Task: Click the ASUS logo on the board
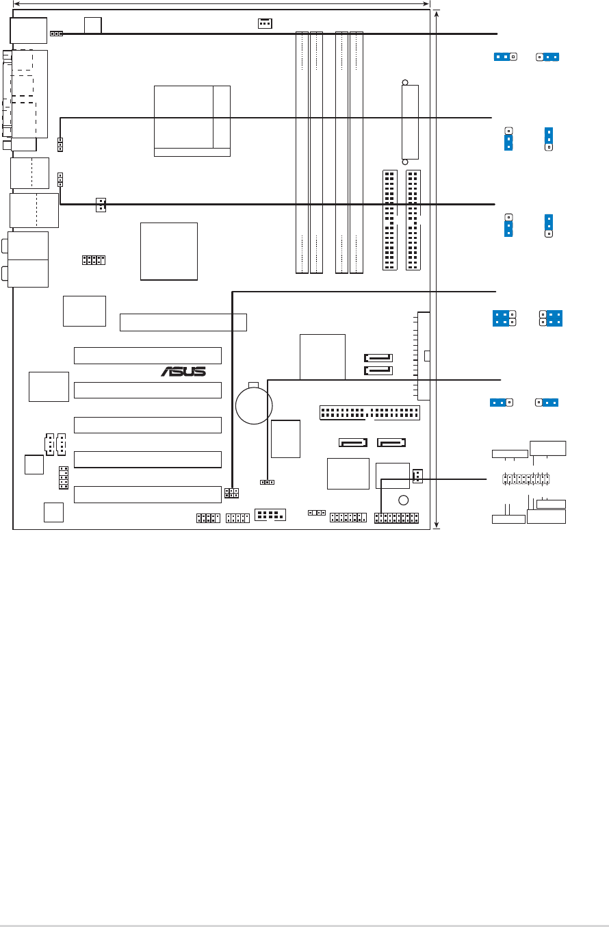(x=183, y=371)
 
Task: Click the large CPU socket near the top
(x=192, y=121)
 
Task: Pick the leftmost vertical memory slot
(x=302, y=152)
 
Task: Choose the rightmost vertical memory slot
(x=357, y=152)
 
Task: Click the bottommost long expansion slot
(x=148, y=494)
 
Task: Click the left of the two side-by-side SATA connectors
(x=353, y=442)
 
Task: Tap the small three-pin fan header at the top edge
(x=265, y=23)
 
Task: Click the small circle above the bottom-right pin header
(x=404, y=499)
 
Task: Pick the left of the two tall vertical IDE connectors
(x=389, y=220)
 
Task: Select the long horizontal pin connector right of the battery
(x=370, y=413)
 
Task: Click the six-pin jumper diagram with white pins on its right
(x=505, y=318)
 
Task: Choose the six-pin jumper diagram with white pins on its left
(x=551, y=318)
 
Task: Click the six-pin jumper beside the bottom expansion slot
(x=231, y=493)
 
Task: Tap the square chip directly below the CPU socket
(x=168, y=251)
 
